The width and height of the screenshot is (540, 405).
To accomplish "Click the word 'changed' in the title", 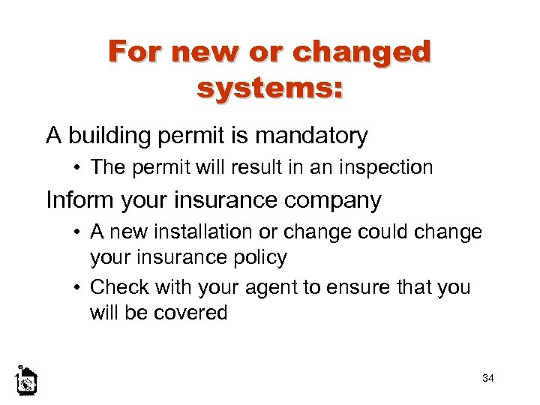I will (362, 52).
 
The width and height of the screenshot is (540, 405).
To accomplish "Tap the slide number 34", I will (488, 378).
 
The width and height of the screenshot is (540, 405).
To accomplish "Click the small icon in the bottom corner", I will (26, 381).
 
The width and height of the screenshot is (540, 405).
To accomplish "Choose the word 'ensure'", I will (372, 288).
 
